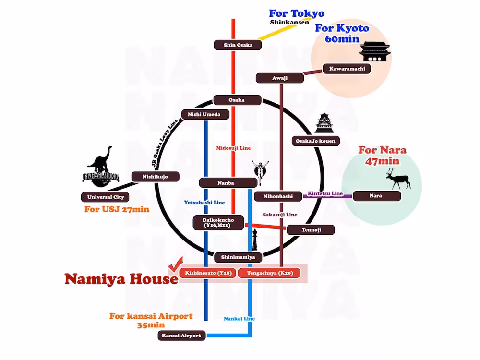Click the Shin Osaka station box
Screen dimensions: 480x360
click(238, 45)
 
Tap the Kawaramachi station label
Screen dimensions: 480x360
click(347, 69)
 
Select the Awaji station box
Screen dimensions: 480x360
click(280, 78)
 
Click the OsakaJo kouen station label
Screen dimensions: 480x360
click(316, 141)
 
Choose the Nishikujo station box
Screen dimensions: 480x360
click(155, 177)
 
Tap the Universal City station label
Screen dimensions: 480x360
click(105, 197)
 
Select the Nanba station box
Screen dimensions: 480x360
click(228, 183)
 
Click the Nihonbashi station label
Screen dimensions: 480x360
click(278, 196)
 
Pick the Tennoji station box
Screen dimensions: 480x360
click(311, 230)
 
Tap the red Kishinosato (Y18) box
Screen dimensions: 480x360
click(208, 273)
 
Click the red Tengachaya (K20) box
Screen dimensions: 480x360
click(269, 273)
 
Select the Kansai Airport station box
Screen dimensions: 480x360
click(181, 336)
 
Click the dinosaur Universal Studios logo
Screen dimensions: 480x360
click(100, 167)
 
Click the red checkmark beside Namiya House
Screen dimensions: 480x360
click(175, 264)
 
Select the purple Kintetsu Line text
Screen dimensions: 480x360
click(325, 193)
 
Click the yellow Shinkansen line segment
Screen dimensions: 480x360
click(285, 29)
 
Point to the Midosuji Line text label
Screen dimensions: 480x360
click(233, 148)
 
